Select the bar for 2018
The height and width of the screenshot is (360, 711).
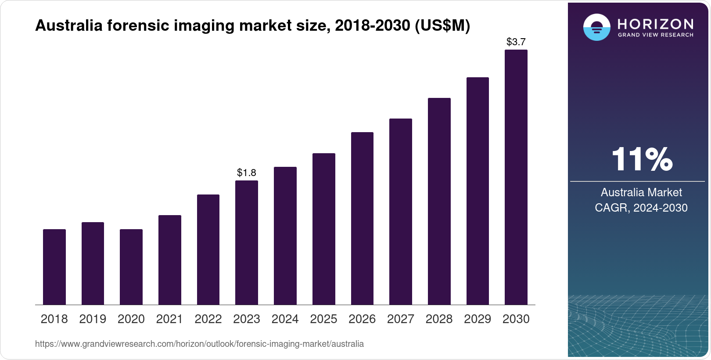click(x=54, y=267)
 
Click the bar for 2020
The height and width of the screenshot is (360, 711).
click(x=131, y=267)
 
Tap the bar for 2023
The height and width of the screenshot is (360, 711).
click(x=247, y=242)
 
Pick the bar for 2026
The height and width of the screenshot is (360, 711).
click(x=362, y=218)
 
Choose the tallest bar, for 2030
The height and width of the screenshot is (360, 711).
click(x=516, y=177)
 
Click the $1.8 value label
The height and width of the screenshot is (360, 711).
click(x=247, y=173)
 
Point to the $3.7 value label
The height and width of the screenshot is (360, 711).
click(x=516, y=42)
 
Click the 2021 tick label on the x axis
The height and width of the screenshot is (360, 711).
click(x=169, y=319)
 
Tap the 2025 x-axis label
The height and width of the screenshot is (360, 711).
click(x=323, y=319)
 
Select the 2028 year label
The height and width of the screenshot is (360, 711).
click(x=439, y=319)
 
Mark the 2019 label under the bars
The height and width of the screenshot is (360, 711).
click(x=93, y=319)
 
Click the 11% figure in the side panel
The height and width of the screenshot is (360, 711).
click(x=642, y=159)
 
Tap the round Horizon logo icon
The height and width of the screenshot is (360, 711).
click(x=596, y=27)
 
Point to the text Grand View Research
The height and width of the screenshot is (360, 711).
click(x=655, y=35)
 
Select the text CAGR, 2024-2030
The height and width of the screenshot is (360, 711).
click(x=641, y=208)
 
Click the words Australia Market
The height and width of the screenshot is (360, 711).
click(x=641, y=192)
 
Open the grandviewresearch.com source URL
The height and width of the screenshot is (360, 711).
click(x=199, y=344)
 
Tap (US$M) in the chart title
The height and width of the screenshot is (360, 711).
click(x=442, y=25)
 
